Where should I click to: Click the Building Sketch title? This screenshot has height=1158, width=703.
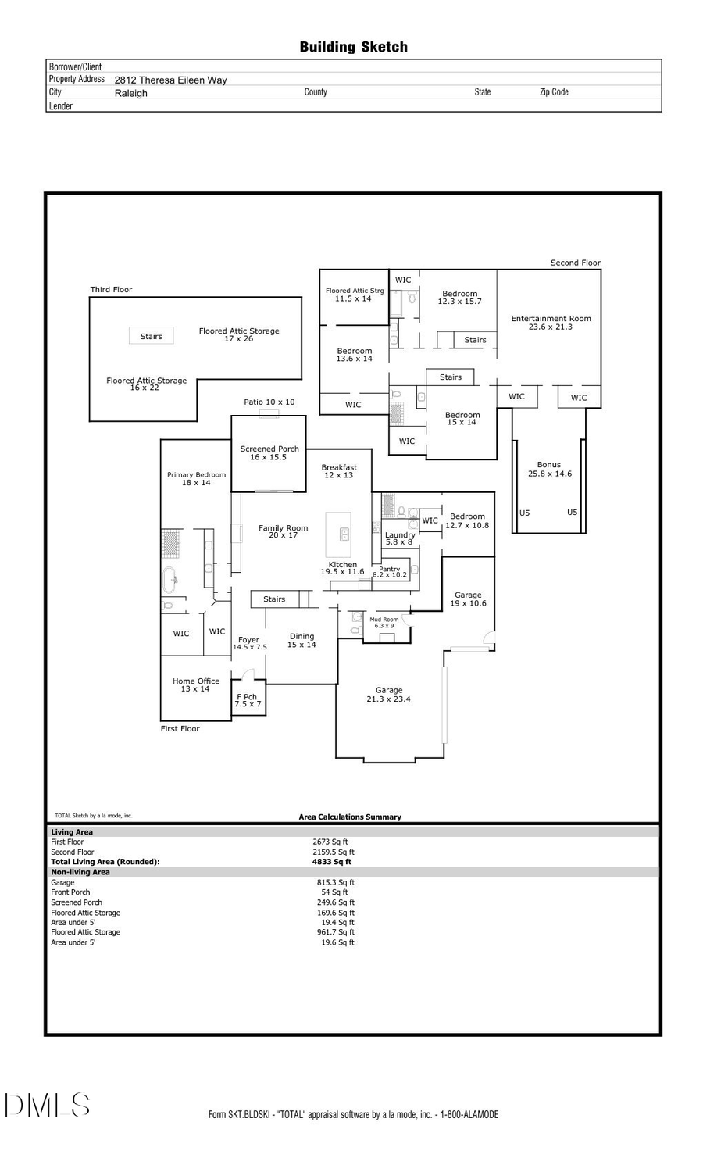coord(353,48)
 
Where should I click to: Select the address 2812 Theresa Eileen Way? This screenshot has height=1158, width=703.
coord(170,80)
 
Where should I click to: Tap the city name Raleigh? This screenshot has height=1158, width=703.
coord(130,93)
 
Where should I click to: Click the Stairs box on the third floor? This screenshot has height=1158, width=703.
coord(151,336)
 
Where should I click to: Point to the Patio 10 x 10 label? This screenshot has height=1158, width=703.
coord(269,402)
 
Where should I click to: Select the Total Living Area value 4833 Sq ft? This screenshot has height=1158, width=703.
coord(332,862)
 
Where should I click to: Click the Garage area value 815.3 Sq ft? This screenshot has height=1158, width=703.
coord(335,882)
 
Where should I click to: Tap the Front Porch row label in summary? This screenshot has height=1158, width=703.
coord(70,892)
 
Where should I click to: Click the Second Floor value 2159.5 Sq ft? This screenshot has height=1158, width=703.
coord(334,852)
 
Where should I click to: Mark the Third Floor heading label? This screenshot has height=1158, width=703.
coord(111,290)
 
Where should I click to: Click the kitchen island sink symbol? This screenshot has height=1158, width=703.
coord(344,534)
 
